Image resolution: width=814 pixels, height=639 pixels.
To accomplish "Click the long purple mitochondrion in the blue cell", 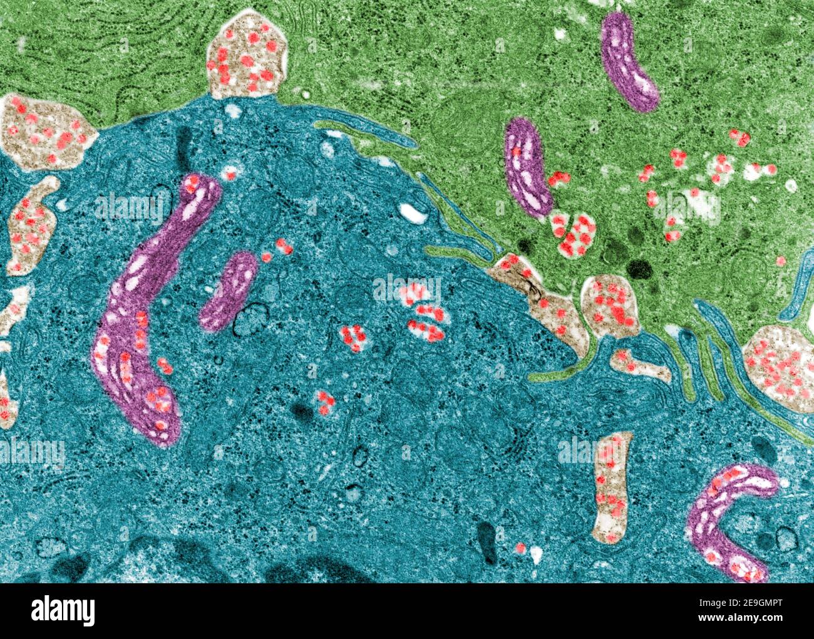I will point(141,313).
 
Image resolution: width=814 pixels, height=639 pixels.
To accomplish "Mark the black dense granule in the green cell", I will point(639,269).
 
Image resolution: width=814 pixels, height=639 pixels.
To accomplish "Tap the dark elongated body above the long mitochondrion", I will point(184,143).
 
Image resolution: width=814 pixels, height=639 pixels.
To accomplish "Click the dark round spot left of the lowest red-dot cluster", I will point(302,412).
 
